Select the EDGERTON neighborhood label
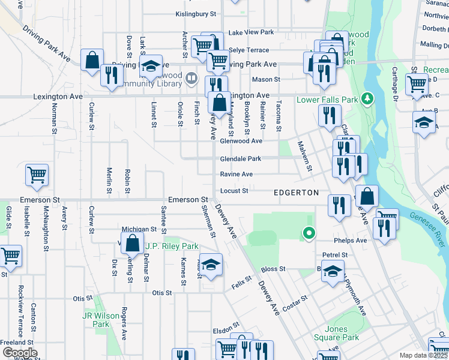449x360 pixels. (x=296, y=193)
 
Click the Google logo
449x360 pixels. (x=20, y=352)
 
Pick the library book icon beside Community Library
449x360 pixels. (x=191, y=77)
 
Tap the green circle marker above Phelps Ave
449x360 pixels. (x=309, y=233)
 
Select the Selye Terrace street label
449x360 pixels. (x=248, y=50)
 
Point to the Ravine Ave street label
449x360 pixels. (x=236, y=174)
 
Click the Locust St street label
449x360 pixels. (x=234, y=191)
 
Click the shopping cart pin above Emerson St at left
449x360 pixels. (x=37, y=175)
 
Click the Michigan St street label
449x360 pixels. (x=139, y=229)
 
